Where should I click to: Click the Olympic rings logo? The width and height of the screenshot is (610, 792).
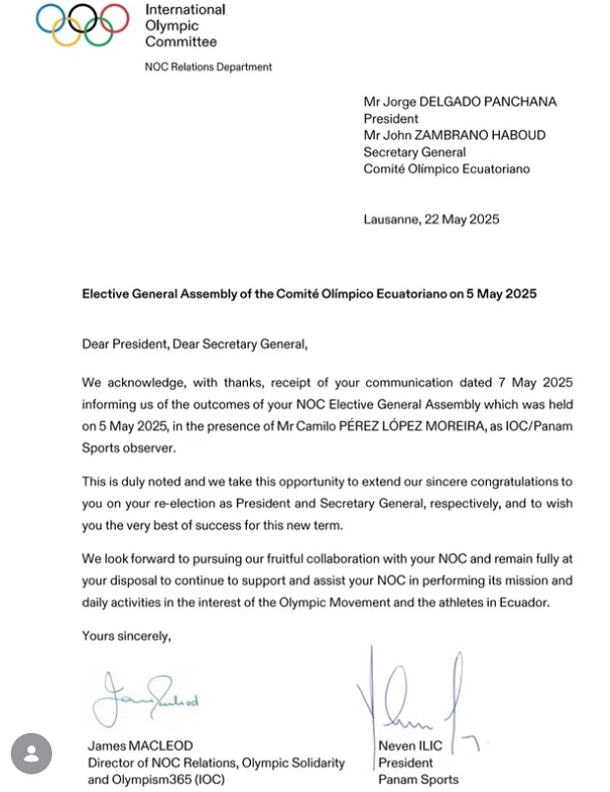83,25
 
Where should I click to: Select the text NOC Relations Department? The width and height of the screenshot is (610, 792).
209,67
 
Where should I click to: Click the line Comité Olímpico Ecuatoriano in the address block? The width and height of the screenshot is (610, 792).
446,169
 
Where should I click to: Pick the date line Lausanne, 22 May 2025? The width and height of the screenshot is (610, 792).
431,219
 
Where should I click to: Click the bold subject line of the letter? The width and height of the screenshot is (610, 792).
309,294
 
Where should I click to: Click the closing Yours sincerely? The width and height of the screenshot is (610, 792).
127,637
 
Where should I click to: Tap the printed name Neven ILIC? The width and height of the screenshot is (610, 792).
410,747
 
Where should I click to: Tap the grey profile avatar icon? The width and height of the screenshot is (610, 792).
31,753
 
